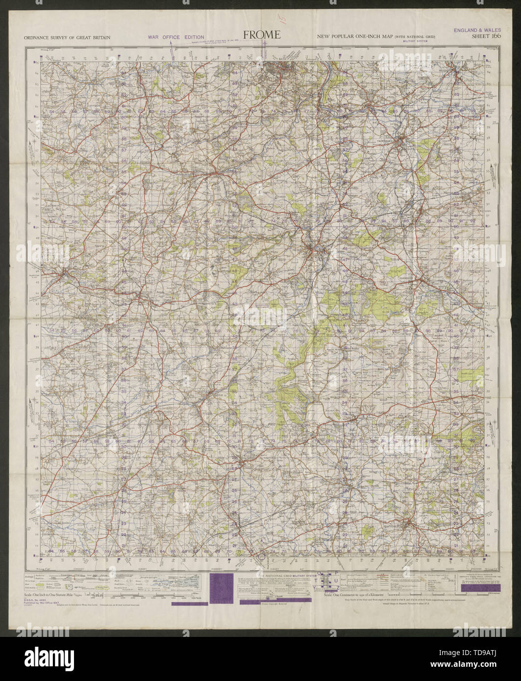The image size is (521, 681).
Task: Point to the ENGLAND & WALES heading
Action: [474, 29]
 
